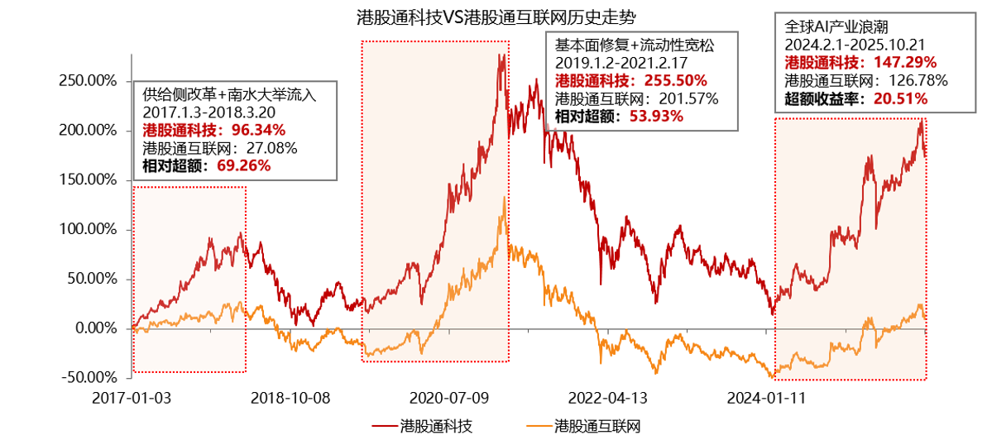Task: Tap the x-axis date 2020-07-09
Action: pos(453,398)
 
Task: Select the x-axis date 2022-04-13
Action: pos(613,398)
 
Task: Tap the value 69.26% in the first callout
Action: pos(242,165)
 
